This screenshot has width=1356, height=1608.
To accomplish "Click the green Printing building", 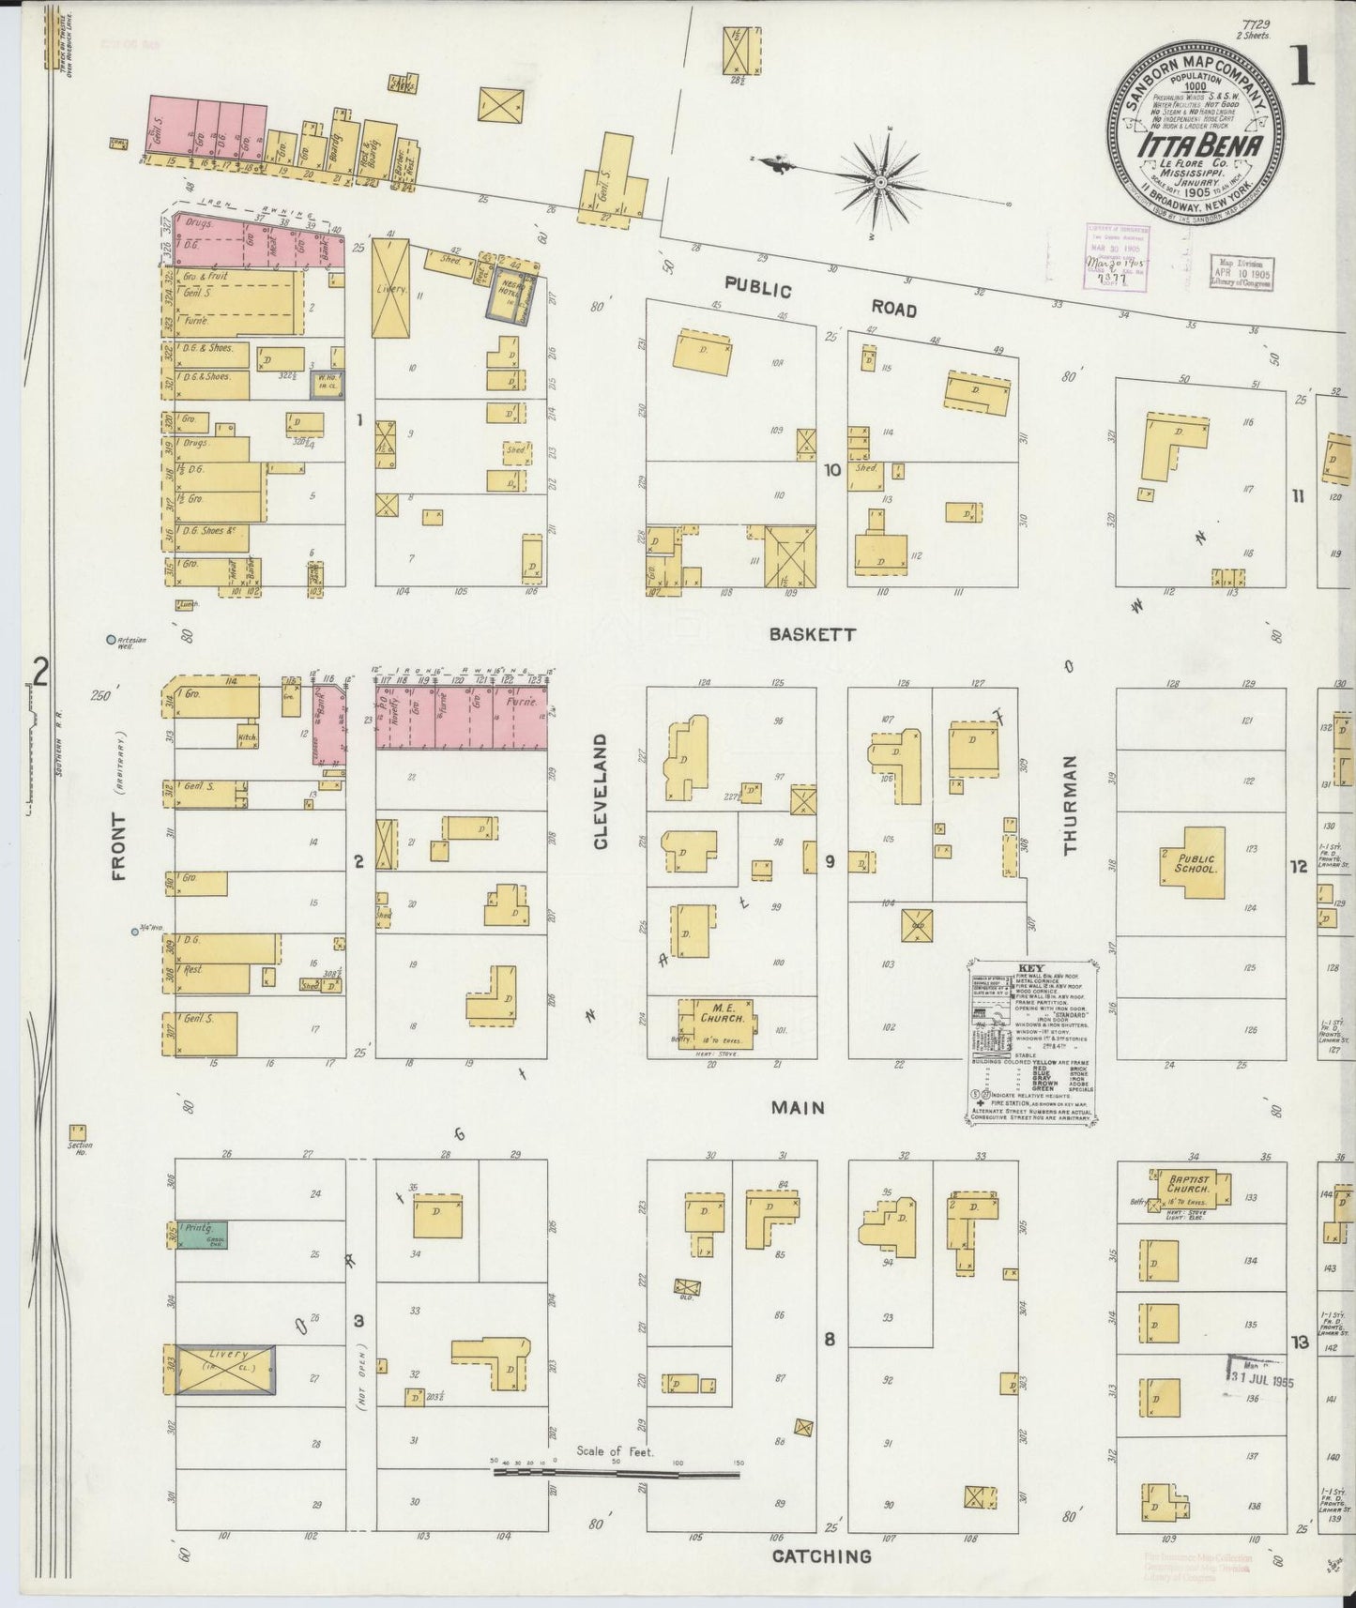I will pyautogui.click(x=204, y=1234).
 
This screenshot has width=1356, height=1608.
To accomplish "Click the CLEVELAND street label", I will pyautogui.click(x=601, y=792).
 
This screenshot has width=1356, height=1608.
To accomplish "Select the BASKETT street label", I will pyautogui.click(x=812, y=634).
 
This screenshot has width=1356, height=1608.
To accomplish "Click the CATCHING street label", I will pyautogui.click(x=821, y=1556).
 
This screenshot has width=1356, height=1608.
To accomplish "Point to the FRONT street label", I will pyautogui.click(x=119, y=846).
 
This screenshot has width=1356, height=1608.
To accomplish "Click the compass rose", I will pyautogui.click(x=882, y=180).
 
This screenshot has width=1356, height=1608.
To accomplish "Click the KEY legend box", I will pyautogui.click(x=1028, y=1041).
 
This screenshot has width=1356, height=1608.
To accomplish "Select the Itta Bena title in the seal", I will pyautogui.click(x=1192, y=147).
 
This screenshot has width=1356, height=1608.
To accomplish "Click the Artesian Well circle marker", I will pyautogui.click(x=112, y=641).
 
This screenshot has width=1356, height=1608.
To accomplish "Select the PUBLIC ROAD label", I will pyautogui.click(x=821, y=298).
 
